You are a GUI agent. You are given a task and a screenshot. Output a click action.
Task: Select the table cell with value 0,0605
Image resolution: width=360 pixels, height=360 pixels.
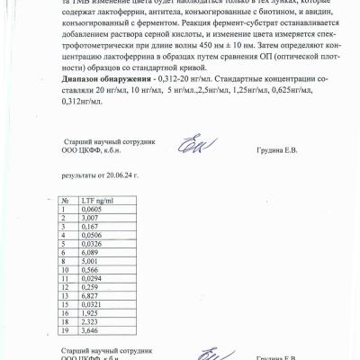91,208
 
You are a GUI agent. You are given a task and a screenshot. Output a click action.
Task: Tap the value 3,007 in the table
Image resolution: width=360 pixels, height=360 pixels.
89,217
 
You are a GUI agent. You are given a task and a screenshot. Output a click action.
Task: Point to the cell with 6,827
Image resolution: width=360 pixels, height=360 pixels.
89,294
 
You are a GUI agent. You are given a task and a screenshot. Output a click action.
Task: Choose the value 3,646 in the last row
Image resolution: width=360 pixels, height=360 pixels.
89,329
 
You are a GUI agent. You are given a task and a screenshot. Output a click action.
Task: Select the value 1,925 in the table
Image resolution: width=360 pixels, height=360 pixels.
89,311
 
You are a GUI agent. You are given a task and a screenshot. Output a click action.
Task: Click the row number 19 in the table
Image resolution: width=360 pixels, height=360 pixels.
65,329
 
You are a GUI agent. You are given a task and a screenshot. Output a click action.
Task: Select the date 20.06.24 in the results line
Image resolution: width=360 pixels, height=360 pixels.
123,170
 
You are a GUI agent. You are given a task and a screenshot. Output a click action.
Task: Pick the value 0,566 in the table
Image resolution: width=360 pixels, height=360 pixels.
89,269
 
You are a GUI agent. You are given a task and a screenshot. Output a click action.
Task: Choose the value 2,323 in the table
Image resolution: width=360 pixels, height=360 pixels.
89,320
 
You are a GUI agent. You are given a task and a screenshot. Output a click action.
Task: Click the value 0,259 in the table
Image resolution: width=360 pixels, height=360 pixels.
89,286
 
